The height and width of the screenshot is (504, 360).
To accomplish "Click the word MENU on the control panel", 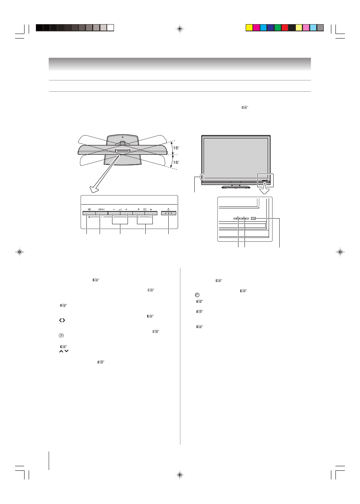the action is pyautogui.click(x=102, y=209).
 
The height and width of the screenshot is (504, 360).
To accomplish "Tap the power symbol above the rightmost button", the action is pyautogui.click(x=168, y=209).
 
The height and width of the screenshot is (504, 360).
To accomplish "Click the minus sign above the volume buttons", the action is pyautogui.click(x=114, y=209).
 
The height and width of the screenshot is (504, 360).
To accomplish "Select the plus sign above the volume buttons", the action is pyautogui.click(x=126, y=209).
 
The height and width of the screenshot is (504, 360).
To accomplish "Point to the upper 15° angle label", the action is pyautogui.click(x=176, y=148).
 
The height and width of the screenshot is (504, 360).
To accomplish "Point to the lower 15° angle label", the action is pyautogui.click(x=176, y=162).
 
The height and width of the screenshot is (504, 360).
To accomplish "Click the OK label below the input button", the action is pyautogui.click(x=89, y=217).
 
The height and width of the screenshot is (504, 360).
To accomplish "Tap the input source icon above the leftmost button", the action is pyautogui.click(x=89, y=209).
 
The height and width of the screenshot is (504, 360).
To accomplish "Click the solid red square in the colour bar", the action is pyautogui.click(x=285, y=28).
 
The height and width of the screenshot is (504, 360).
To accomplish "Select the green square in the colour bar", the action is pyautogui.click(x=277, y=28).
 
